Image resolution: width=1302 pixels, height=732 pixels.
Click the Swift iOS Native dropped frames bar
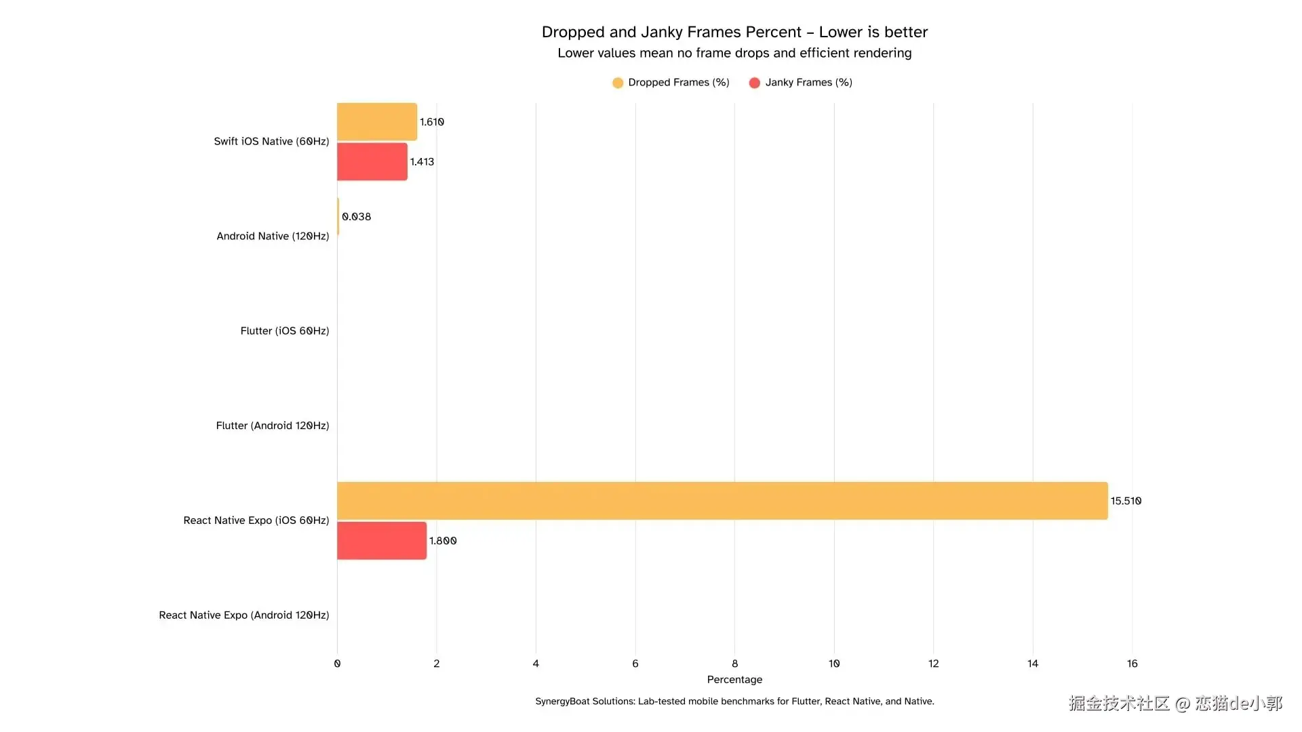tap(376, 122)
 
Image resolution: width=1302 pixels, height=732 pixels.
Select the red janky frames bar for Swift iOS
tap(372, 162)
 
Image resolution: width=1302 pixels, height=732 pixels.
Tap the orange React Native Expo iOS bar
tap(722, 501)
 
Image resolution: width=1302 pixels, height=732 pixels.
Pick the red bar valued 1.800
tap(381, 541)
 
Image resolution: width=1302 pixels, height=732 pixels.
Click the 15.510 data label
tap(1126, 501)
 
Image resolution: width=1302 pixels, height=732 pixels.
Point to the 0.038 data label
tap(356, 217)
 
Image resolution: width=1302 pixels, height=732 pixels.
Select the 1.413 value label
tap(422, 162)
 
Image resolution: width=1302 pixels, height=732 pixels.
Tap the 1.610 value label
tap(431, 122)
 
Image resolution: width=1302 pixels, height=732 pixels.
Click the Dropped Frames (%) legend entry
tap(671, 83)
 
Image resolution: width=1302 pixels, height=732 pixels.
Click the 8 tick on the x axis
tap(734, 664)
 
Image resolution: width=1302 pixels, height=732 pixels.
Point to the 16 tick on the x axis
tap(1132, 664)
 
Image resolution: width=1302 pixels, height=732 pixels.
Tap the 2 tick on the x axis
tap(437, 664)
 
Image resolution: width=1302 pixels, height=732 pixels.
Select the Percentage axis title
tap(734, 680)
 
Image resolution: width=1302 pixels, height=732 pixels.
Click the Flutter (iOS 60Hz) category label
tap(285, 331)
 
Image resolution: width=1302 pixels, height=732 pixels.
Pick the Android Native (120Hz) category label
tap(273, 236)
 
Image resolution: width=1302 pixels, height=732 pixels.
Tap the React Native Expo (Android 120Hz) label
tap(244, 615)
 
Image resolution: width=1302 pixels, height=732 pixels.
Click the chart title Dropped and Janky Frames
tap(734, 32)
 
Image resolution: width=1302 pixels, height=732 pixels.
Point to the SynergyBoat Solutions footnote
tap(734, 701)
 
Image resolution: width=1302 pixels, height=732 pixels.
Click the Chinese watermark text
tap(1175, 704)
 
